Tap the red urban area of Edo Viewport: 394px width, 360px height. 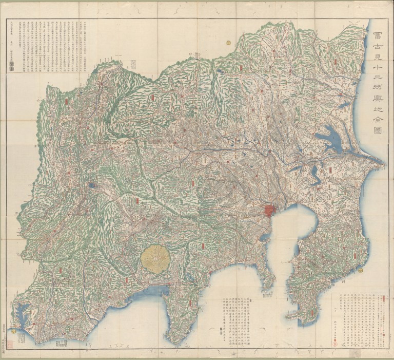[270, 211]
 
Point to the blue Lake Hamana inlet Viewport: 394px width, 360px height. [24, 313]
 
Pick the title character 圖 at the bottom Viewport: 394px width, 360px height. [380, 131]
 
